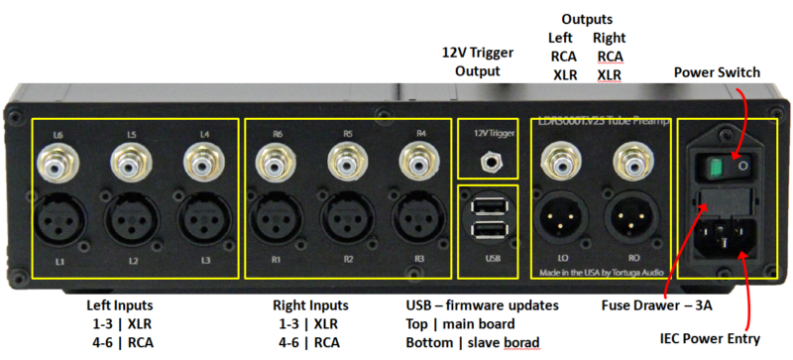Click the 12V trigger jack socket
(x=487, y=158)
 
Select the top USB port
(x=487, y=205)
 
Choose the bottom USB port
(x=487, y=230)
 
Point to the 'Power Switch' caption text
(x=717, y=72)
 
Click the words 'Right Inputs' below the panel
(x=311, y=304)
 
